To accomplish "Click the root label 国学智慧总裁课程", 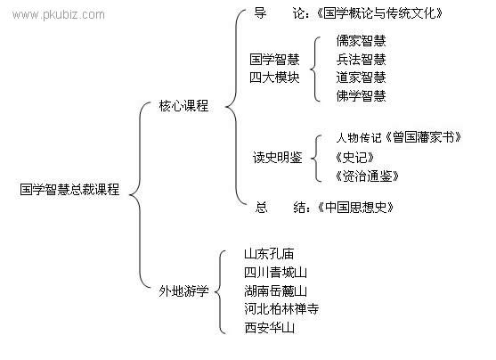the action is coord(69,190).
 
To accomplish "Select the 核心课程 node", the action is coord(183,106).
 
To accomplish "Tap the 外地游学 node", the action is coord(183,290).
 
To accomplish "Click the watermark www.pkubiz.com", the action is coord(59,15).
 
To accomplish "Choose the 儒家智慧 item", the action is coord(361,40).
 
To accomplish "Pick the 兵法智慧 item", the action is coord(361,59).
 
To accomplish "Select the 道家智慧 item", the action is coord(361,78).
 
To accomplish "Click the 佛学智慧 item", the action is coord(361,95).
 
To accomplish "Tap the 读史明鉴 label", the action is coord(278,158).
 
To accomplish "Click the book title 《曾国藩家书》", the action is coord(423,137).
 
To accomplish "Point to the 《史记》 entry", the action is coord(355,158).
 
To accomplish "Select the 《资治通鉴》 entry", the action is coord(367,176).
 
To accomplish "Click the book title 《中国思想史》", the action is coord(356,208).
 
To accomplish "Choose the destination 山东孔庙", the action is coord(269,254).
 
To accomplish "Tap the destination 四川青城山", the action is coord(275,273).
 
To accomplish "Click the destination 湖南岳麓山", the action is coord(275,290).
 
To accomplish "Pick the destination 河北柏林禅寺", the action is coord(281,308).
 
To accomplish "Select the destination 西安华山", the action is coord(269,327).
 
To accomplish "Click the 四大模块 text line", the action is coord(274,78).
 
